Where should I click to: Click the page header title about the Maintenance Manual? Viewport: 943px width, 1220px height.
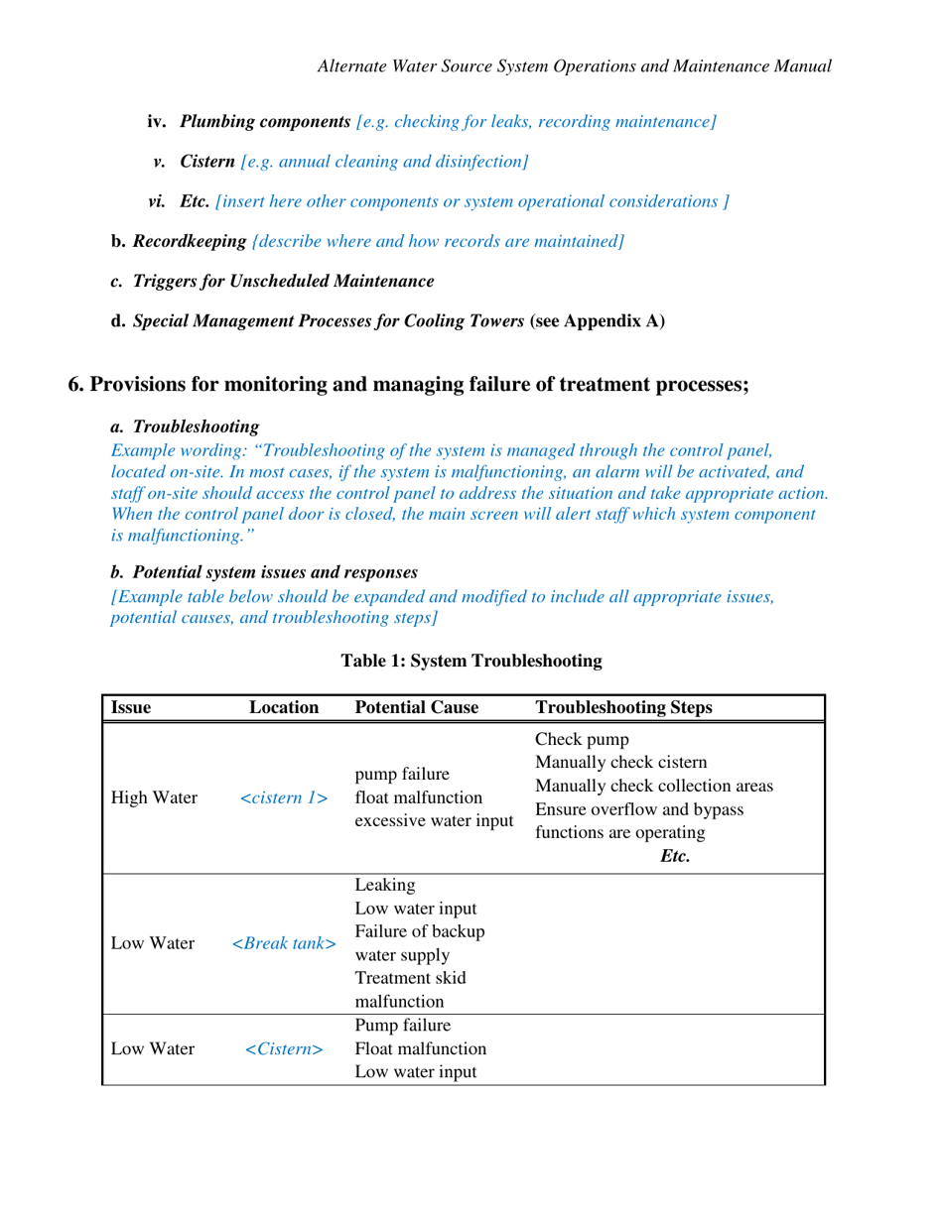click(x=573, y=66)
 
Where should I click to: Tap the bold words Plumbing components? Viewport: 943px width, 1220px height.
click(x=265, y=122)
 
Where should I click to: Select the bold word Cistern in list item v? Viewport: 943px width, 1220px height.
click(x=207, y=161)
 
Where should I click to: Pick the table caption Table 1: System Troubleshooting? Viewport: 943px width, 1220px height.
click(x=471, y=660)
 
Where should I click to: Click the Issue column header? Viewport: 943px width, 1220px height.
click(x=130, y=708)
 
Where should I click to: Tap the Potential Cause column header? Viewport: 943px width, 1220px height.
click(x=417, y=708)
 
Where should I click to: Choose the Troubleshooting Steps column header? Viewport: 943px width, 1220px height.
click(x=622, y=708)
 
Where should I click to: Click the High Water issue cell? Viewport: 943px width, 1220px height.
click(x=153, y=797)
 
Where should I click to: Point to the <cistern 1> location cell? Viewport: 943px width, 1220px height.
click(x=284, y=797)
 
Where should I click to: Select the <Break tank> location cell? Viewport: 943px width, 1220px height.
click(x=284, y=943)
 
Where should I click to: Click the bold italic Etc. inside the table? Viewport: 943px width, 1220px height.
click(x=674, y=856)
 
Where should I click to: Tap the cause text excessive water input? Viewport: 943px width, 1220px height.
click(x=434, y=820)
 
